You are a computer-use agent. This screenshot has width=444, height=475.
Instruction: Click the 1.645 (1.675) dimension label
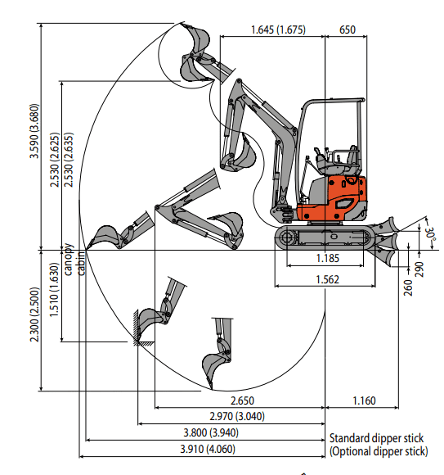pyautogui.click(x=278, y=29)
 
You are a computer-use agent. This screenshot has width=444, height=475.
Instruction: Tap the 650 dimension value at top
pyautogui.click(x=348, y=29)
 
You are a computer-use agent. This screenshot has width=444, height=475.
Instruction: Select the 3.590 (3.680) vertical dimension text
pyautogui.click(x=34, y=131)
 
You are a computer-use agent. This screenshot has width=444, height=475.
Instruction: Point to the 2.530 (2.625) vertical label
pyautogui.click(x=55, y=160)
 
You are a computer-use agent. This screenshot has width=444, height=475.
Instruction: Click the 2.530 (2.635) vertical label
pyautogui.click(x=69, y=160)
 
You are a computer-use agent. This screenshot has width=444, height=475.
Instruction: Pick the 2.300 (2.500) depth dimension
pyautogui.click(x=34, y=314)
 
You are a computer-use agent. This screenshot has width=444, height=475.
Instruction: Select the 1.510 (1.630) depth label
pyautogui.click(x=54, y=290)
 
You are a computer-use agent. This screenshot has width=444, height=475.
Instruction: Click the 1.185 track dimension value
pyautogui.click(x=328, y=259)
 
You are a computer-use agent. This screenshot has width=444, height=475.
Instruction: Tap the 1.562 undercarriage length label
pyautogui.click(x=327, y=279)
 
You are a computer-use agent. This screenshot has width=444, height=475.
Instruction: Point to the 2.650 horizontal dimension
pyautogui.click(x=242, y=400)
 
